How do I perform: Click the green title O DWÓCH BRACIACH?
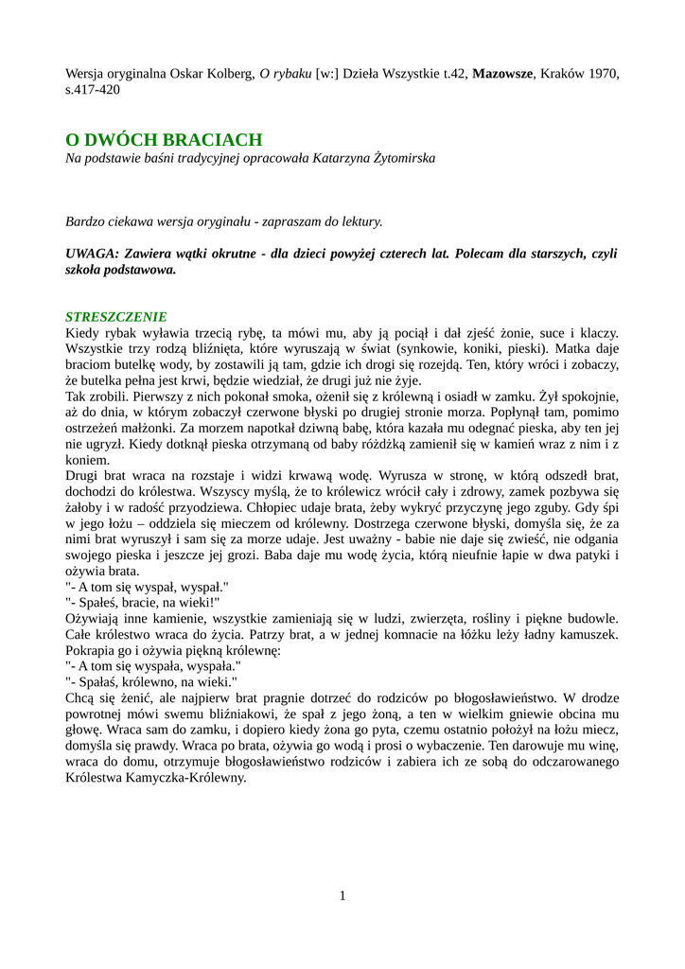[x=163, y=139]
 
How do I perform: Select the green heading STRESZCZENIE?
[x=115, y=316]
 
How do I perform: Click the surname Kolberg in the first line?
[x=229, y=73]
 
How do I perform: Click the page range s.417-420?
[x=93, y=89]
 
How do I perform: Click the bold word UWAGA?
[x=92, y=254]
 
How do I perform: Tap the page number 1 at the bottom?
[x=342, y=896]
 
